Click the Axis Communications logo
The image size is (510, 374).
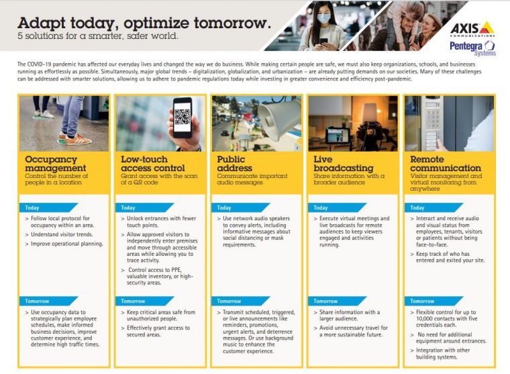coord(472,29)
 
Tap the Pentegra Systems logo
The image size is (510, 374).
coord(472,48)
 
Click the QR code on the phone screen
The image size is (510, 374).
coord(182,117)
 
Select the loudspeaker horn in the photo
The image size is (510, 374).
coord(280,118)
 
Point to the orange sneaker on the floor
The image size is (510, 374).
coord(74,139)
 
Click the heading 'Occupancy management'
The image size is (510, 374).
coord(56,164)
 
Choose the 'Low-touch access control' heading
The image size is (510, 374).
coord(153,164)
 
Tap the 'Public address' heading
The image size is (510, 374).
coord(234,164)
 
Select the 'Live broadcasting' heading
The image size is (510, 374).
coord(343,164)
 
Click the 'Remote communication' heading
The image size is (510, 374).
coord(446,164)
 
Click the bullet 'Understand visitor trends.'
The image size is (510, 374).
coord(62,234)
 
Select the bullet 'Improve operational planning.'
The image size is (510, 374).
coord(67,244)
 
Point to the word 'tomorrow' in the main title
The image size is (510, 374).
coord(232,23)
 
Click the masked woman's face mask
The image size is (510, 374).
coord(323,18)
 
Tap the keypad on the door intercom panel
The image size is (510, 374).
coord(433,120)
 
